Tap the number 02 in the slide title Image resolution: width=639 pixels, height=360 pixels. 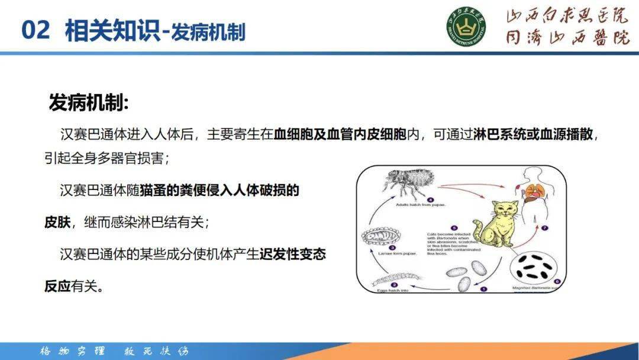tap(35, 30)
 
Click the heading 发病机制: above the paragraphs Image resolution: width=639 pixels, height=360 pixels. tap(88, 102)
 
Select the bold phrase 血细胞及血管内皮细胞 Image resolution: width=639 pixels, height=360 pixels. tap(340, 134)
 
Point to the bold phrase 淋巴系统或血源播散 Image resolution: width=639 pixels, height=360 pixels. tap(534, 134)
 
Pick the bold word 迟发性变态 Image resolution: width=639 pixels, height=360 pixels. tap(293, 255)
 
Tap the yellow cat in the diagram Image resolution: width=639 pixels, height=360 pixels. tap(501, 225)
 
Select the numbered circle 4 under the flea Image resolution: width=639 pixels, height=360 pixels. tap(430, 200)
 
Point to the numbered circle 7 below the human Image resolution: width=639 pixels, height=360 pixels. tap(545, 228)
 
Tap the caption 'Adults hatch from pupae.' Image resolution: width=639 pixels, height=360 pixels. tap(421, 207)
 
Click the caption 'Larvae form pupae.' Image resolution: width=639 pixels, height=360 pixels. tap(394, 254)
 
